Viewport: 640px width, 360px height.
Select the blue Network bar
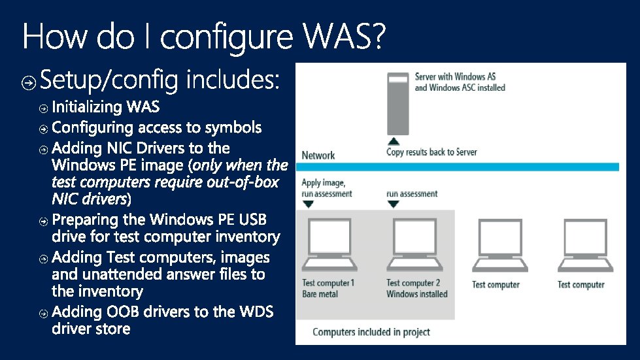coord(457,167)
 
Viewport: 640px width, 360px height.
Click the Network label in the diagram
coord(318,155)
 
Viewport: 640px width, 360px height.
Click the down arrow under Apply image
coord(309,205)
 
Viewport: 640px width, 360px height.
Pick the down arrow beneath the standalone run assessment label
coord(393,205)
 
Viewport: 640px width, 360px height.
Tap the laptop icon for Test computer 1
coord(329,246)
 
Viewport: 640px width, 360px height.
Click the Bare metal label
coord(320,294)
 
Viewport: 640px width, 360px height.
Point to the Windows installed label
coord(417,294)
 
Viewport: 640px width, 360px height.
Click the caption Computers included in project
coord(371,332)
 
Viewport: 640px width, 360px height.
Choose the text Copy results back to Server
coord(431,152)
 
